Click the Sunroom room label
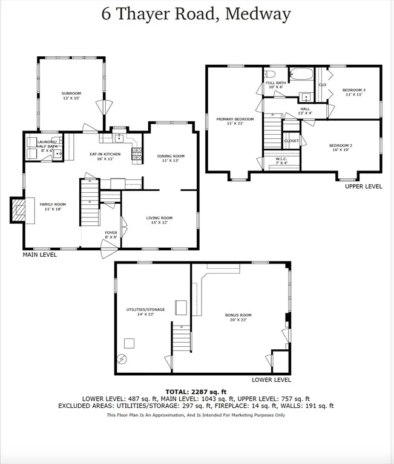click(x=71, y=95)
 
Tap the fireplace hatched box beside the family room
click(x=18, y=210)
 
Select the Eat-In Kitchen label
click(x=105, y=156)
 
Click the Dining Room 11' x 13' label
click(x=171, y=158)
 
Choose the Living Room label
click(x=159, y=220)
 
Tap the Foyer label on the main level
click(x=111, y=234)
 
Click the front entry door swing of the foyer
click(x=109, y=249)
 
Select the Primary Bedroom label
click(x=235, y=121)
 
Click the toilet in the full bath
click(x=270, y=74)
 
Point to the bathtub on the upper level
click(x=301, y=74)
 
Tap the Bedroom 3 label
click(x=353, y=92)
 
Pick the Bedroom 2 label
click(x=340, y=147)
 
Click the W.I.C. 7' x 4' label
click(x=281, y=161)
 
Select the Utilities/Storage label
click(x=145, y=312)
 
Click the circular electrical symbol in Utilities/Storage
click(x=122, y=359)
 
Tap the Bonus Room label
click(x=238, y=317)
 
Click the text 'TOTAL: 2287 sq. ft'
click(x=195, y=392)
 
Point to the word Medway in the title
click(x=258, y=14)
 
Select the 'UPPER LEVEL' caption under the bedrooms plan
click(x=364, y=187)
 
